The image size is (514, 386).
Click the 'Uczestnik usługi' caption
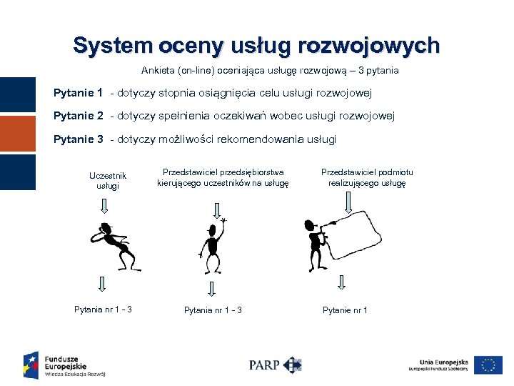pyautogui.click(x=108, y=180)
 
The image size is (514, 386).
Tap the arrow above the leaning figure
pyautogui.click(x=104, y=207)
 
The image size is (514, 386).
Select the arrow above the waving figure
pyautogui.click(x=217, y=209)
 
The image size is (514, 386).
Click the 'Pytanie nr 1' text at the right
pyautogui.click(x=345, y=310)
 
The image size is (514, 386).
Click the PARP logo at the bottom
pyautogui.click(x=275, y=365)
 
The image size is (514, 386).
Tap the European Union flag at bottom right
pyautogui.click(x=488, y=365)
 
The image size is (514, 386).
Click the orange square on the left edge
pyautogui.click(x=17, y=134)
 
